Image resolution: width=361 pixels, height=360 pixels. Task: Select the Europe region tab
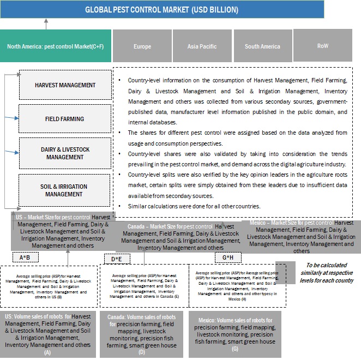point(142,46)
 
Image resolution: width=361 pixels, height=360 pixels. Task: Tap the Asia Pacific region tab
point(202,46)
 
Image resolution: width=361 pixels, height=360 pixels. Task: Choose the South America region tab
point(262,46)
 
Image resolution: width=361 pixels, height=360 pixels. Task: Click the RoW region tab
point(322,46)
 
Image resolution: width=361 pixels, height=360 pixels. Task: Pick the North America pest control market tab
point(56,46)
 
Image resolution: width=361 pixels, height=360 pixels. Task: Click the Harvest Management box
point(65,86)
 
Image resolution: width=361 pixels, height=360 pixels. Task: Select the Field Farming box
point(65,119)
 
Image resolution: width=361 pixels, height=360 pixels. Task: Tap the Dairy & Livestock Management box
point(65,153)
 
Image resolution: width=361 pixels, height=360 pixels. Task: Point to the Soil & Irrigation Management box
point(65,190)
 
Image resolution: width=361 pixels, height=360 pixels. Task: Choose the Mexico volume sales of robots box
point(235,334)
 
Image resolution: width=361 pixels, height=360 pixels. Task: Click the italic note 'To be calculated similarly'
point(323,272)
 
